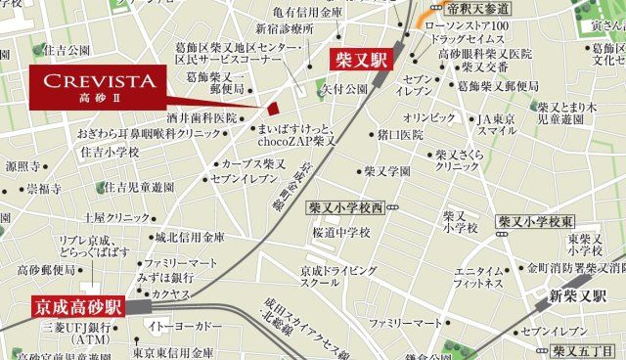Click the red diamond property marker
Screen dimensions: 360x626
pos(274,109)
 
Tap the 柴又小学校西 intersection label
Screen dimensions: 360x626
pos(346,208)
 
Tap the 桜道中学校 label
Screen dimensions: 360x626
pos(341,233)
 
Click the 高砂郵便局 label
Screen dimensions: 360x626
pos(47,269)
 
